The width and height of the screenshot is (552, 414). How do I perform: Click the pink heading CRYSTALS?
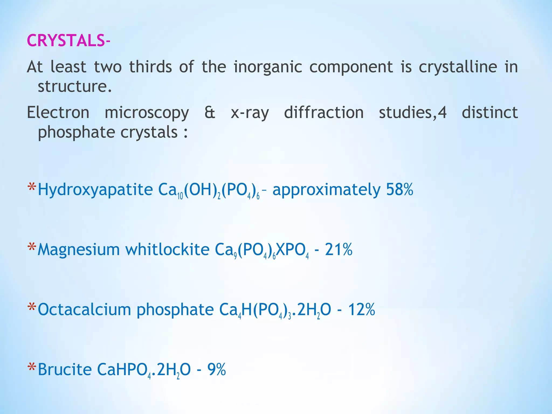click(66, 41)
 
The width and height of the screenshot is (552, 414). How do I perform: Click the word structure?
click(74, 86)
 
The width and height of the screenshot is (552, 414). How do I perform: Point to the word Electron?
click(58, 112)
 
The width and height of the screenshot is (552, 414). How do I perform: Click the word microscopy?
click(147, 113)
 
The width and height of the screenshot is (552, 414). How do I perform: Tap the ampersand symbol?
click(210, 112)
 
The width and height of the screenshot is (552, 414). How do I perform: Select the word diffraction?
click(324, 112)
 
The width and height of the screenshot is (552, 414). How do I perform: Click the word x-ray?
click(250, 113)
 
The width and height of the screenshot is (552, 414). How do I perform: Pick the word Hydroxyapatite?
click(95, 190)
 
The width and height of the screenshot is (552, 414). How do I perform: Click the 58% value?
click(399, 189)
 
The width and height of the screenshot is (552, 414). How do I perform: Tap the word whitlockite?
click(167, 249)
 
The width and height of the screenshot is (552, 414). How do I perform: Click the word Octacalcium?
click(84, 309)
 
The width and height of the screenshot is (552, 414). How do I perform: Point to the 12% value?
click(361, 309)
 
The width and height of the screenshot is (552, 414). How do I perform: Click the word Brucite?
click(65, 369)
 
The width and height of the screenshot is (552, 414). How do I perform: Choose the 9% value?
click(216, 369)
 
